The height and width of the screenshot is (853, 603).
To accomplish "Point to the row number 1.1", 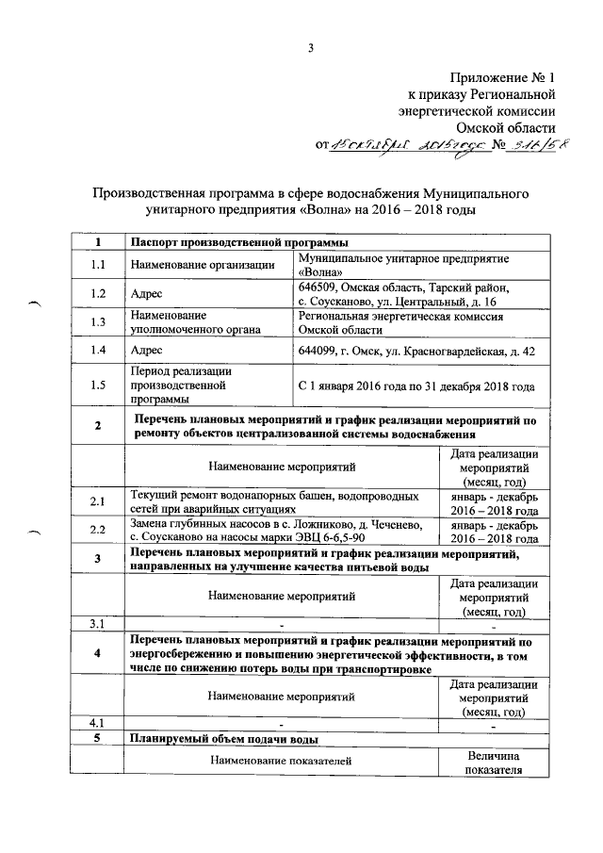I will coord(97,265).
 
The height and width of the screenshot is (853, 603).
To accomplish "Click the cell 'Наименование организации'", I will coord(202,265).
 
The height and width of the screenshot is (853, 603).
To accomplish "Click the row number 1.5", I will coord(97,385).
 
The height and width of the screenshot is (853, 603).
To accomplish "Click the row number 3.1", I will coord(97,623).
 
